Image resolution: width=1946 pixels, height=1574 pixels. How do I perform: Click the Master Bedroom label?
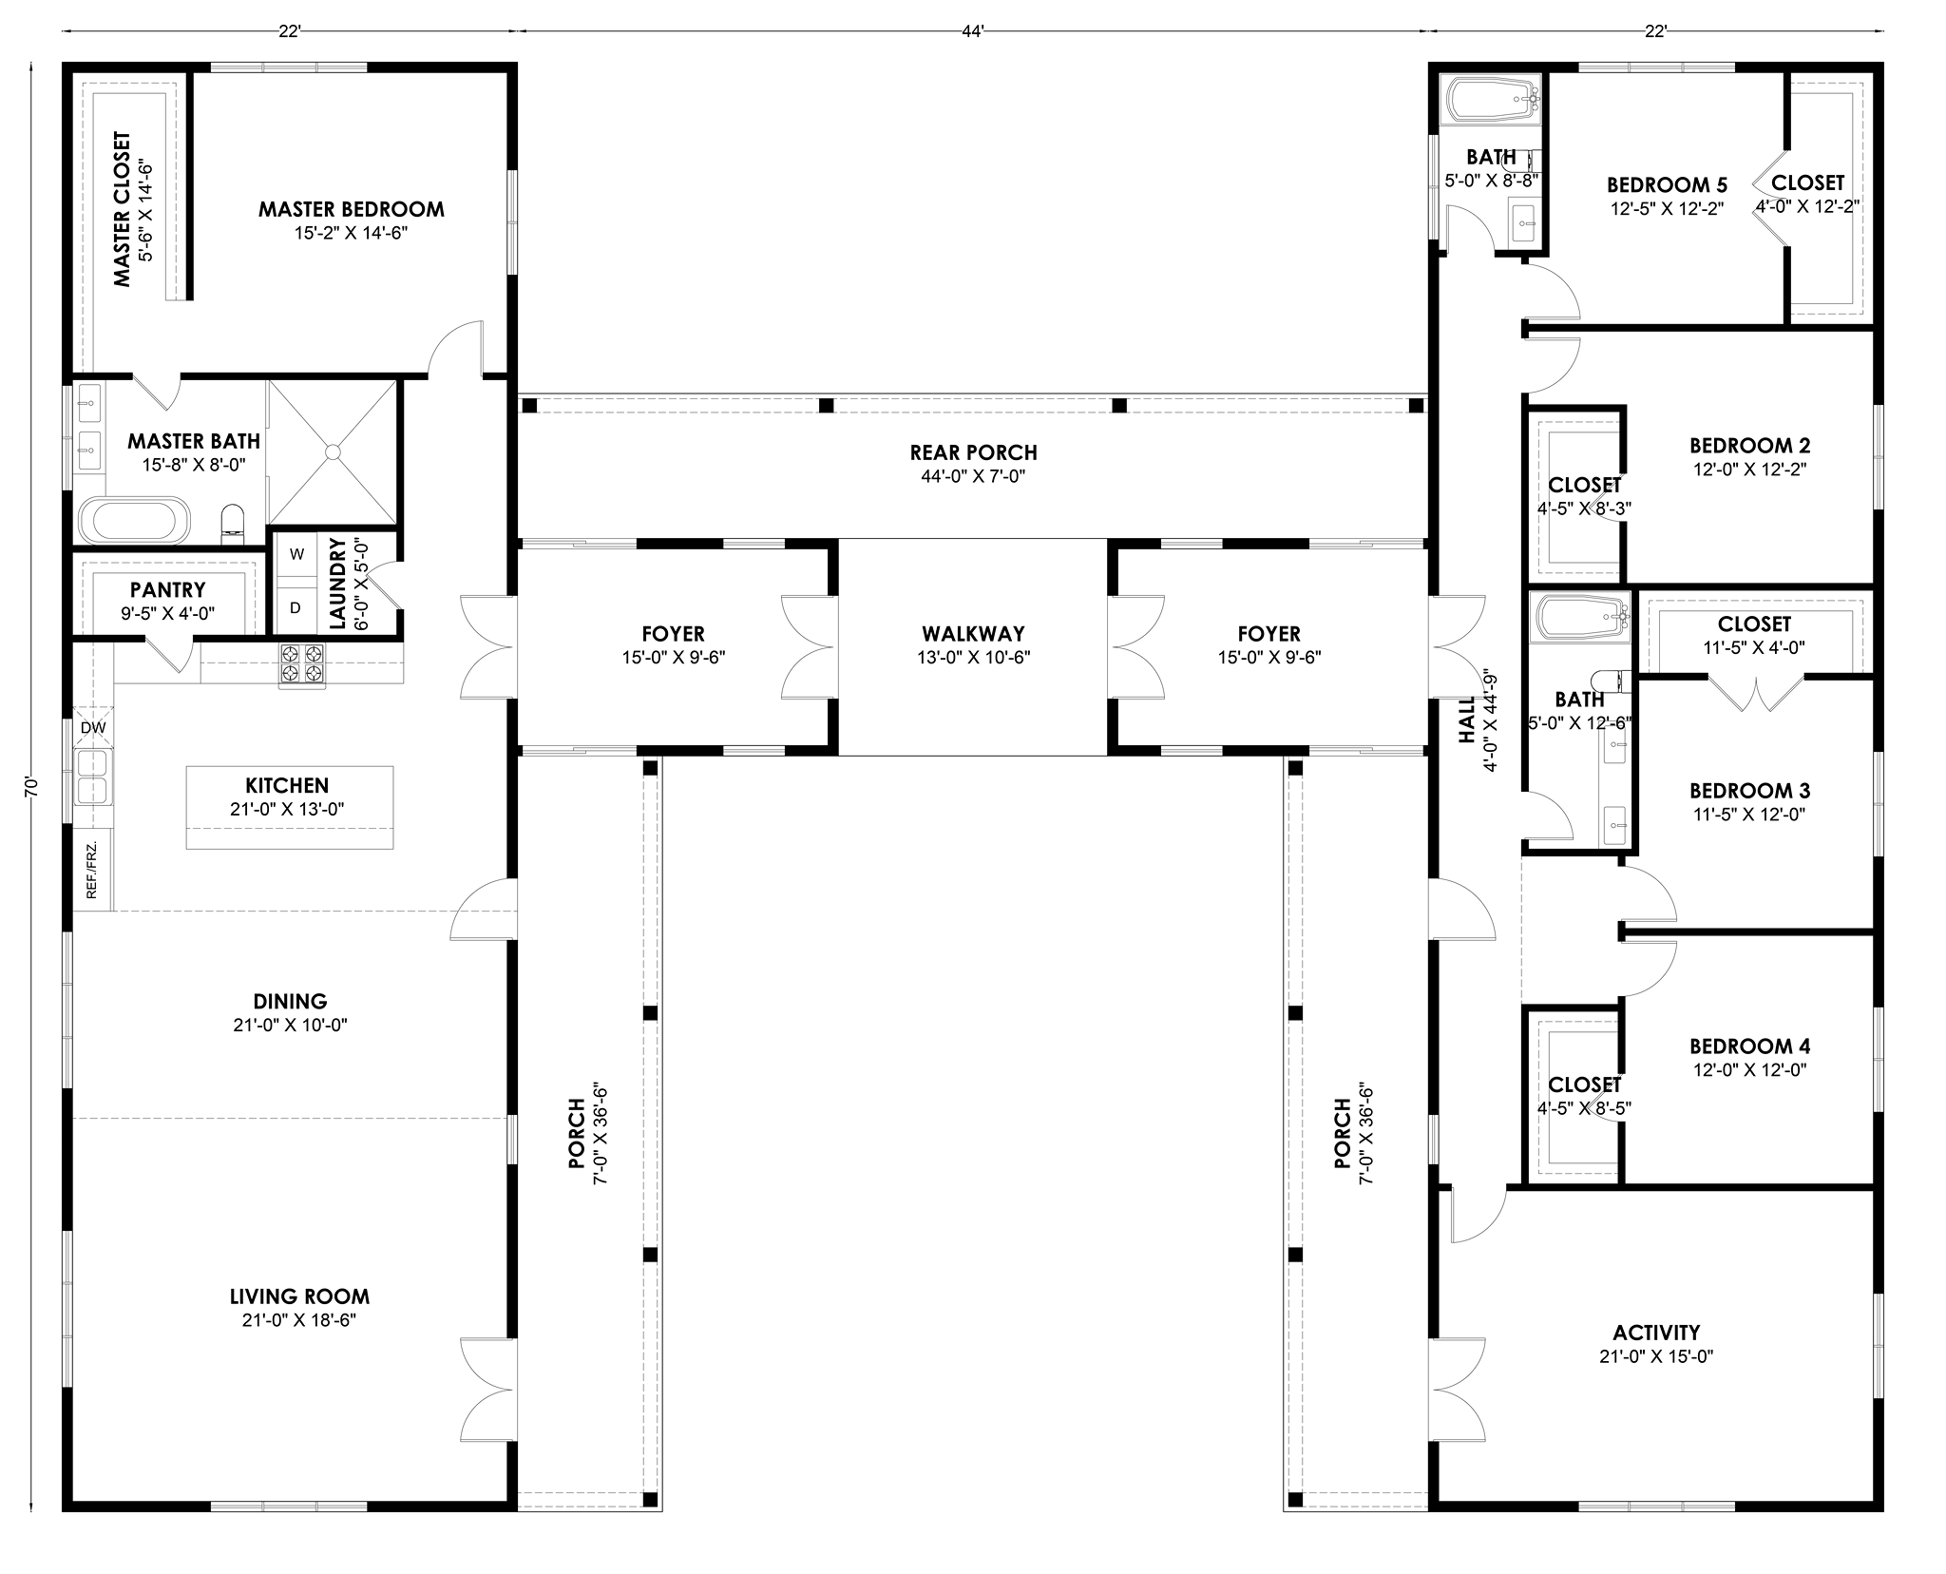351,209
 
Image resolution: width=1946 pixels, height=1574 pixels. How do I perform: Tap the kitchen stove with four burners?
301,664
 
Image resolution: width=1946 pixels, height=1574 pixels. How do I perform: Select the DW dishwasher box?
93,728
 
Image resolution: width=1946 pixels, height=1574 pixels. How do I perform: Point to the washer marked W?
296,554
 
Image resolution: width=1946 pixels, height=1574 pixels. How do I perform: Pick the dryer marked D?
296,606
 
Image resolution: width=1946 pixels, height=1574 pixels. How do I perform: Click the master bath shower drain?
333,452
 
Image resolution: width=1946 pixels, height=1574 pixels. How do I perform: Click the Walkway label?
973,633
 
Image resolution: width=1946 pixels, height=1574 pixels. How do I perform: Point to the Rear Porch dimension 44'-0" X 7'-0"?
973,476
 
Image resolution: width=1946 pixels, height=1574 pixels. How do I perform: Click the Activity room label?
1656,1333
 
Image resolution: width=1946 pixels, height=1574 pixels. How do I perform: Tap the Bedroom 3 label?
1749,790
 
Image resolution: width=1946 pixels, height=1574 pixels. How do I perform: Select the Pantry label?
168,590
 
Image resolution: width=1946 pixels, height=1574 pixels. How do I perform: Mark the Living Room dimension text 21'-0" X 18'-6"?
299,1320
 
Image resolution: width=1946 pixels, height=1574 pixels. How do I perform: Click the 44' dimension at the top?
973,31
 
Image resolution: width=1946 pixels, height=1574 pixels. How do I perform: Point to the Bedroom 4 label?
1749,1046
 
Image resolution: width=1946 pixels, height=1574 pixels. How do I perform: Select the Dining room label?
290,1001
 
